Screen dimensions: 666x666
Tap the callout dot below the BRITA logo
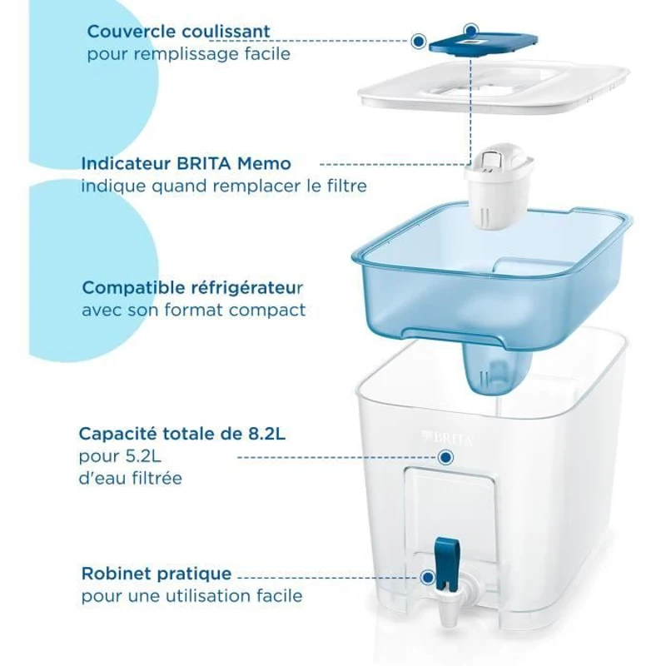click(x=445, y=457)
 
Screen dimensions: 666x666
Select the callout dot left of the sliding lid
click(x=419, y=39)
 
